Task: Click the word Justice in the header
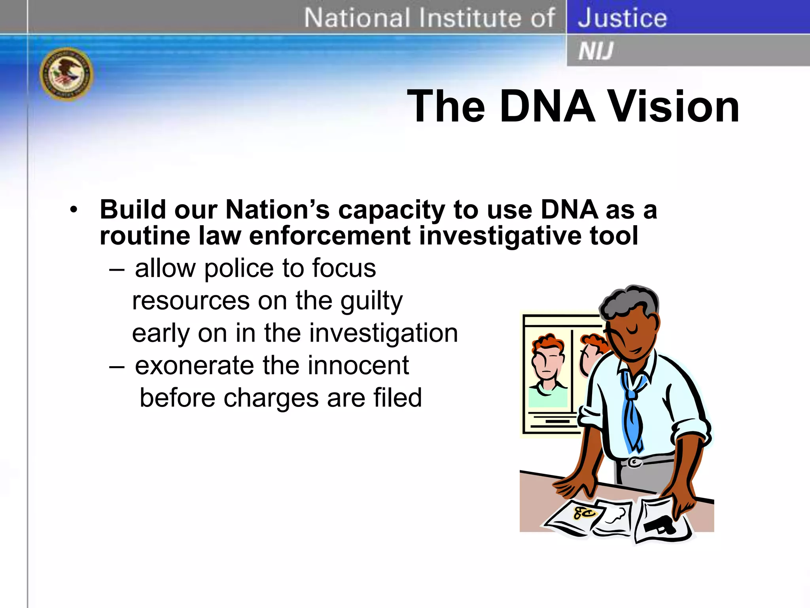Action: pos(622,18)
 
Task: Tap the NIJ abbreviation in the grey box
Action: pos(596,51)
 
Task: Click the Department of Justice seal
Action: pos(66,74)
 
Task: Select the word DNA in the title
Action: pos(547,106)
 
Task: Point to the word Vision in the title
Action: pos(673,106)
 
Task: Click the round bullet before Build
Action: pos(74,210)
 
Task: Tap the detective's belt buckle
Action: pos(635,462)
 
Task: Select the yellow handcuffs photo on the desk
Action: pos(585,513)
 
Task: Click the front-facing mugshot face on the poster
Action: pos(547,362)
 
